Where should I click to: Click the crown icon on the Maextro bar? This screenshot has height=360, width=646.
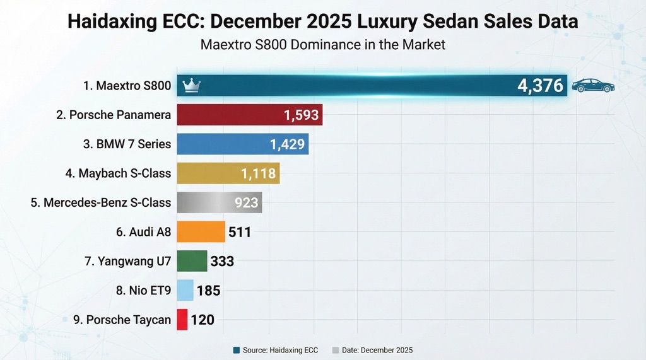[x=190, y=86]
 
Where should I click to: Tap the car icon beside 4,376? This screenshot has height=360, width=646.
[x=592, y=86]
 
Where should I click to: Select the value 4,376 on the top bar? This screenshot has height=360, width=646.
[x=540, y=86]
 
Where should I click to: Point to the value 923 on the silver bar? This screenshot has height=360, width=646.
[x=247, y=202]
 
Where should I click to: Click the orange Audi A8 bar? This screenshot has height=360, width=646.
[x=201, y=231]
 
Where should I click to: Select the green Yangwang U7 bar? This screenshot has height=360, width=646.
[x=192, y=261]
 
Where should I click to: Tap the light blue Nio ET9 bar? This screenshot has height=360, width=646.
[x=185, y=290]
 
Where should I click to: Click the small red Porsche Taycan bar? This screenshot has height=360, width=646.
[x=182, y=320]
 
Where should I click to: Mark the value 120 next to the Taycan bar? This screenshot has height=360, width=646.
[x=203, y=320]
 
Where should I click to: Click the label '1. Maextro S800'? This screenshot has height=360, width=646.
[x=127, y=86]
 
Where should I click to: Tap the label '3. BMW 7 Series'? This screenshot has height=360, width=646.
[x=127, y=144]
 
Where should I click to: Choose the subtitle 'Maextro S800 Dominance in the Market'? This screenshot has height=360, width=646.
[x=322, y=45]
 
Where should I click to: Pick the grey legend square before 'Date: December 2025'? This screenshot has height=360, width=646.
[x=336, y=350]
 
